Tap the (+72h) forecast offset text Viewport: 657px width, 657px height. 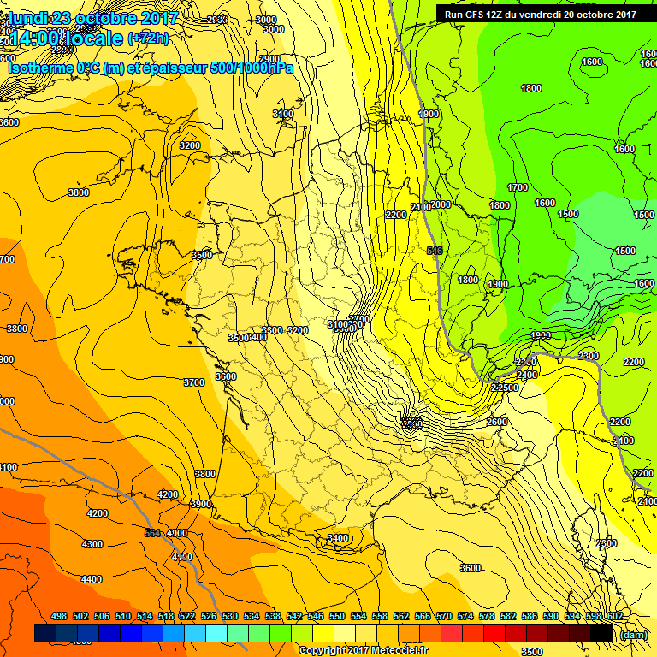click(x=149, y=38)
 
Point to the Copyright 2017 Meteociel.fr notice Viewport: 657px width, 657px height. click(x=364, y=650)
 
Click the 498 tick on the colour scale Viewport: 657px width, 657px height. click(x=59, y=616)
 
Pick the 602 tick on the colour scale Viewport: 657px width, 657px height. click(x=613, y=616)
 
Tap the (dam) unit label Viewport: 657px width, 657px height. click(x=633, y=634)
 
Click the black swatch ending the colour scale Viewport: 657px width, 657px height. click(x=601, y=633)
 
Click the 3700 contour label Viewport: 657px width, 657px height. click(x=194, y=382)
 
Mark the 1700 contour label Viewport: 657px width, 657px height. click(x=518, y=187)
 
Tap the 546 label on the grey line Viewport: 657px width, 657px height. click(x=435, y=251)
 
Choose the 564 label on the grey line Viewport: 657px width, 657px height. click(x=153, y=533)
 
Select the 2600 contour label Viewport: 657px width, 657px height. click(x=496, y=422)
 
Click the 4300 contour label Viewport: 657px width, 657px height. click(x=92, y=544)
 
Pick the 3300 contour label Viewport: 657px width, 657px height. click(x=272, y=330)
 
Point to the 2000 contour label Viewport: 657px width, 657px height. click(x=441, y=205)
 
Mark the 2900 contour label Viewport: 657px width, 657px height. click(x=269, y=59)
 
